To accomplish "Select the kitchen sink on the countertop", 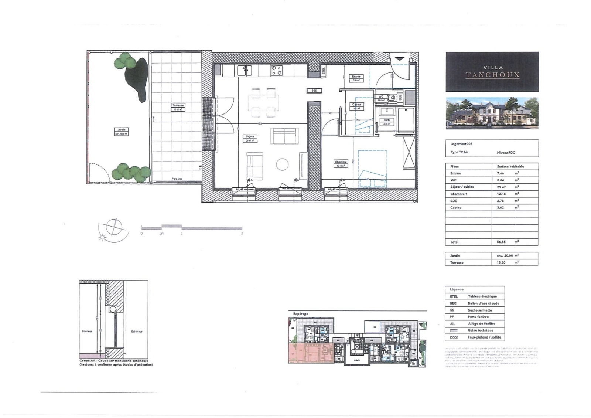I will [x=244, y=69].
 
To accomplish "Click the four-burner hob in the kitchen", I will [x=276, y=70].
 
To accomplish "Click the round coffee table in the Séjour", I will [x=283, y=164].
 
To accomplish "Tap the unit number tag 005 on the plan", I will [x=314, y=91].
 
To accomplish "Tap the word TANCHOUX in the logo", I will [x=492, y=75].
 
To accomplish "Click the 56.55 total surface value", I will [x=501, y=242].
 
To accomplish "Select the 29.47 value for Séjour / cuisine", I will [x=501, y=187].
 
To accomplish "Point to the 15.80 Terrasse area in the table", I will [x=501, y=263].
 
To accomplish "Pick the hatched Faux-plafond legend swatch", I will [x=454, y=337].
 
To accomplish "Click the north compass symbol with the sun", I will [x=113, y=228].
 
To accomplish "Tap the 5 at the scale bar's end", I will [x=242, y=234].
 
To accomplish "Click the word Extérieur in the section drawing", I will [x=136, y=332].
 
